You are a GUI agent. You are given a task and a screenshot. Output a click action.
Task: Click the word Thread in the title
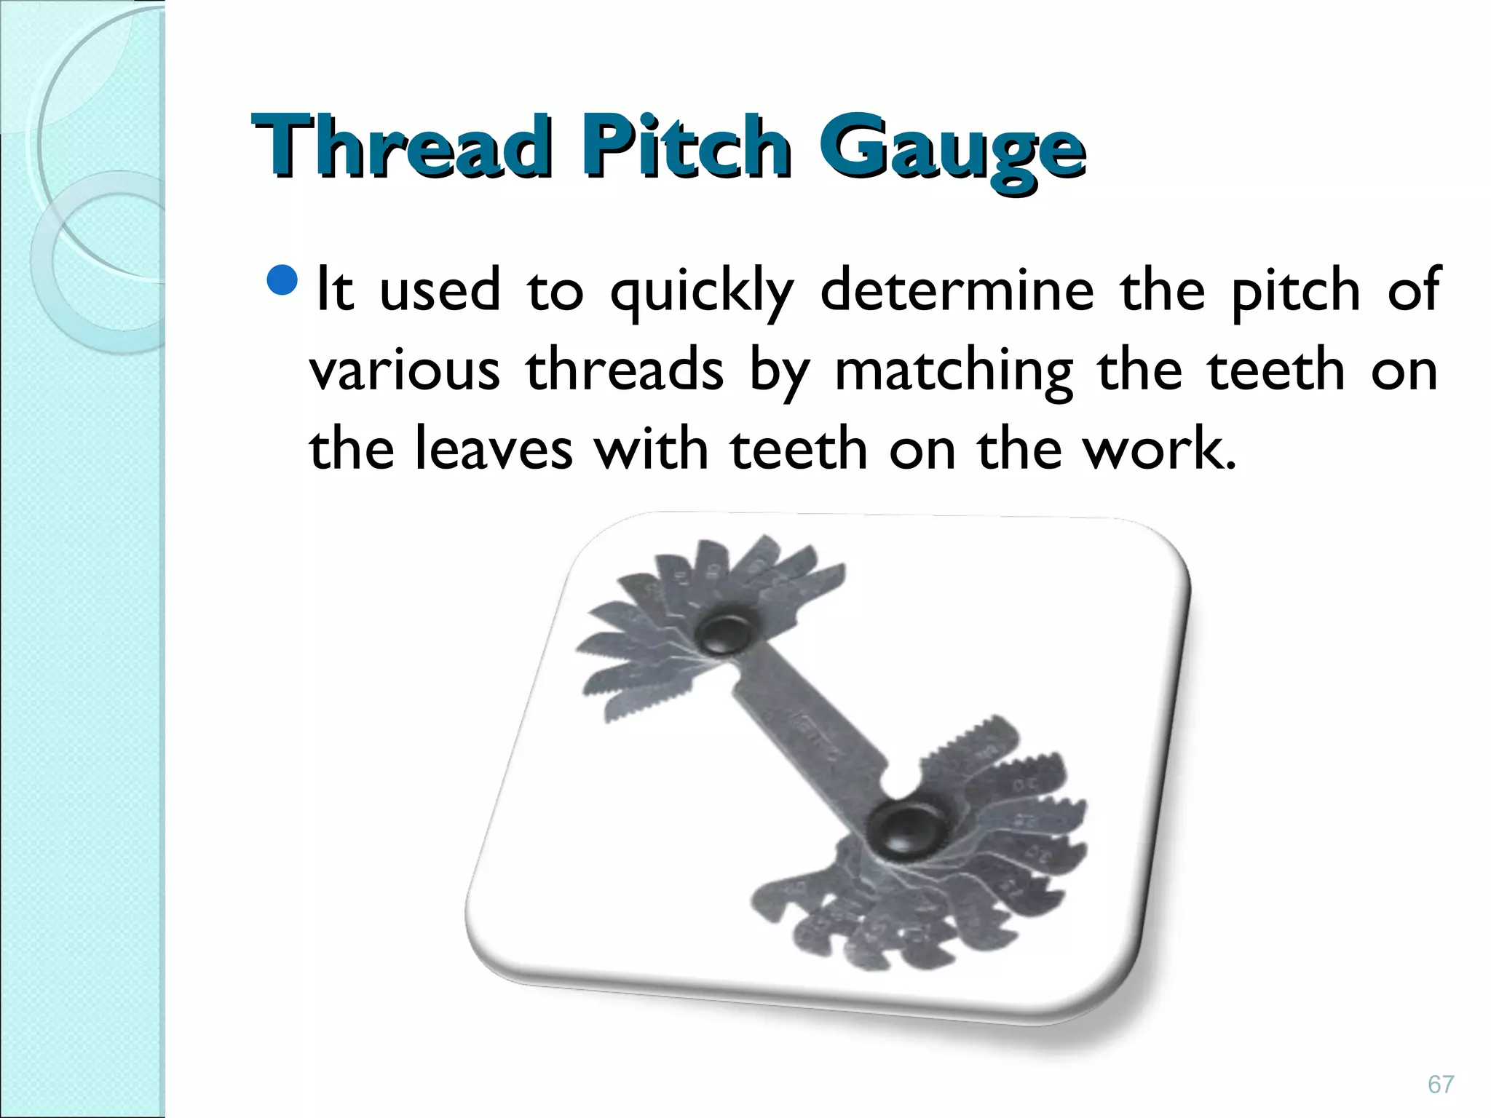click(400, 147)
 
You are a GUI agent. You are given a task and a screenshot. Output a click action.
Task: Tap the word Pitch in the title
click(685, 147)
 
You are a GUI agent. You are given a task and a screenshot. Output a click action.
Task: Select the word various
click(405, 370)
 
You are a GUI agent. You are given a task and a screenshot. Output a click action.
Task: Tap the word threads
click(625, 370)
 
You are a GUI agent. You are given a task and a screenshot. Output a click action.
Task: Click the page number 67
click(1441, 1085)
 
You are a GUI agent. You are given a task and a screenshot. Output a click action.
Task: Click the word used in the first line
click(440, 290)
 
